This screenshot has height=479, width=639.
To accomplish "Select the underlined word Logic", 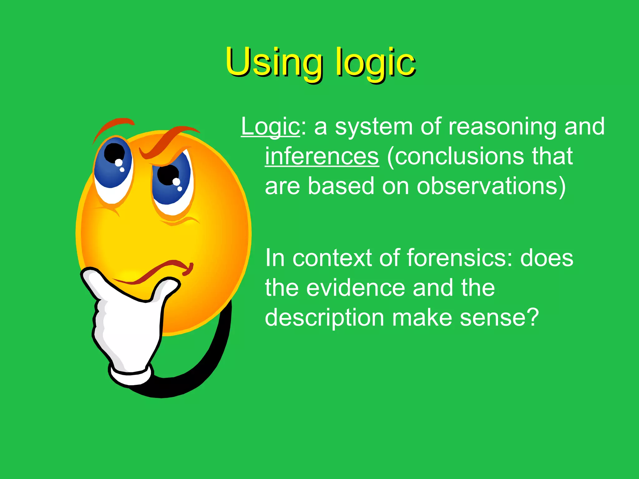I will (x=270, y=127).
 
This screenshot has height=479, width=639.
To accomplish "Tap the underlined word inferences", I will (x=322, y=156).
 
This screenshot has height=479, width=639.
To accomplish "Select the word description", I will (x=324, y=318).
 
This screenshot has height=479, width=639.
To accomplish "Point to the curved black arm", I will (x=206, y=359).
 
